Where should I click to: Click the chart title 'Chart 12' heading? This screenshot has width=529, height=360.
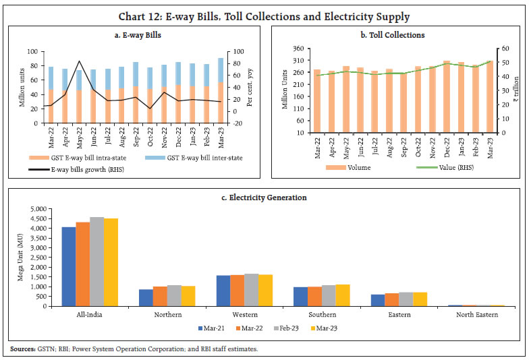(x=264, y=16)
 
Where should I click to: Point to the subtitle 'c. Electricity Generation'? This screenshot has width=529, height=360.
(x=264, y=198)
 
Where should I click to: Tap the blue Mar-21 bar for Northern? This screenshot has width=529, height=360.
(x=145, y=297)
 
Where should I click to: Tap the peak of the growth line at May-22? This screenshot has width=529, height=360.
(x=80, y=61)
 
